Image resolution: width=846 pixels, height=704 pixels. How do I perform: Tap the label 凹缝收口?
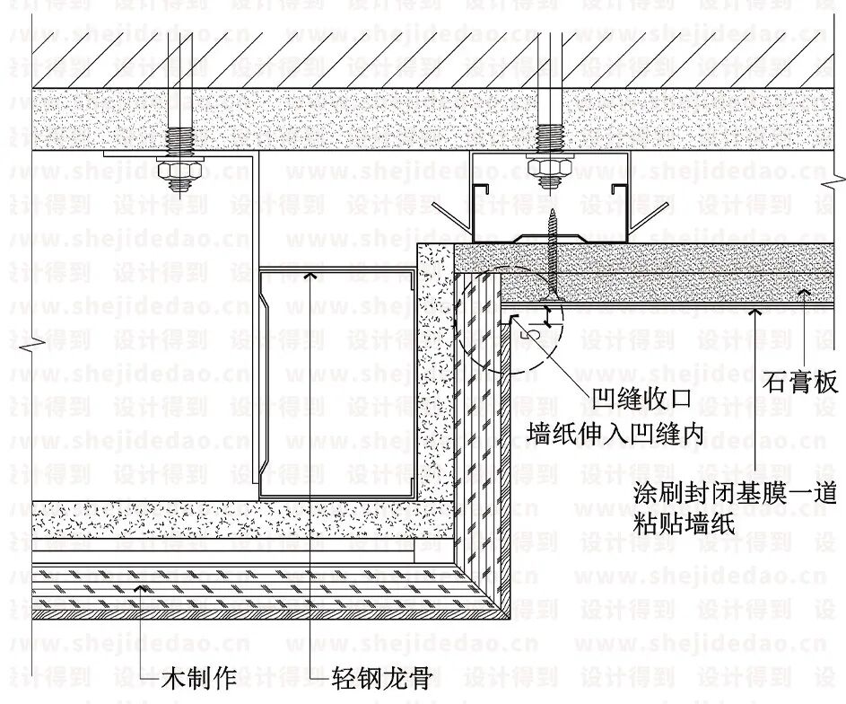pos(641,397)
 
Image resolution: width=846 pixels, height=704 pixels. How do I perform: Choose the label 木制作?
pos(198,678)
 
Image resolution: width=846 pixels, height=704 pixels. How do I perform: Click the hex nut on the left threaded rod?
pos(178,168)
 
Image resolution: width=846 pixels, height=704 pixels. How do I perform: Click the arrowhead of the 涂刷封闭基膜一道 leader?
pos(759,311)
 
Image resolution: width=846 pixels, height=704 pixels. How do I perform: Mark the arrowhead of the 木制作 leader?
pos(141,588)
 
